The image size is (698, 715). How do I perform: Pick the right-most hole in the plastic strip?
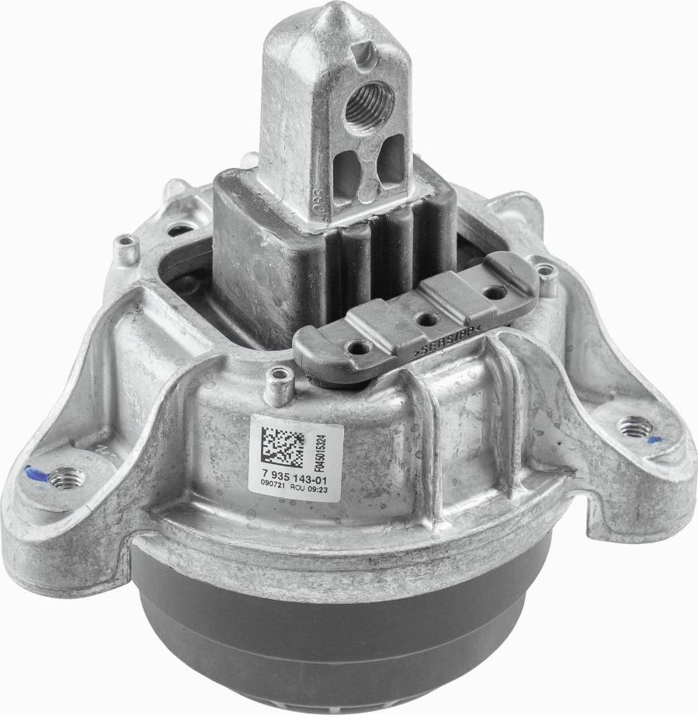[x=491, y=292]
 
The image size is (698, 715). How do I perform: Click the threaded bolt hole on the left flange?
[x=63, y=477]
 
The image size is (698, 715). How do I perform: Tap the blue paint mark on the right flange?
[x=655, y=440]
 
